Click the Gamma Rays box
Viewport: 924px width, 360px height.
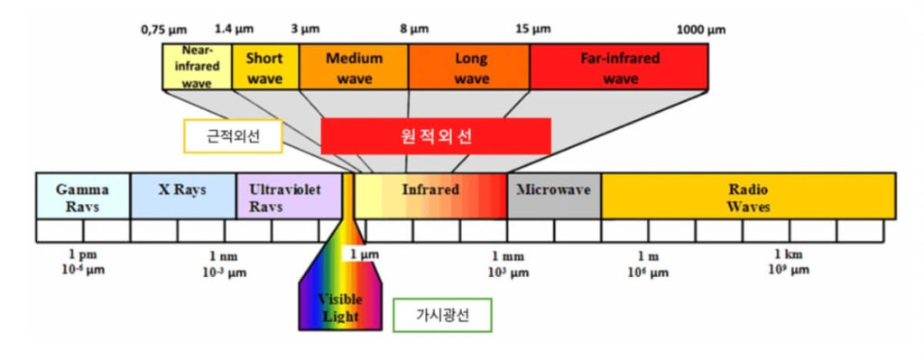tap(83, 197)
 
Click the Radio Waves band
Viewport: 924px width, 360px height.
tap(748, 197)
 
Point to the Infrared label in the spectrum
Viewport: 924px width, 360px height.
tap(430, 191)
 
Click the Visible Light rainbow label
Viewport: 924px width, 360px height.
tap(340, 307)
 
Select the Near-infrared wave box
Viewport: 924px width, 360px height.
tap(197, 68)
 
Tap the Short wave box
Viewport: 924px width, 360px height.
tap(265, 68)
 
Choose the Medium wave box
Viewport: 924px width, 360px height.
tap(354, 68)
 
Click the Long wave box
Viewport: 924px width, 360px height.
tap(469, 68)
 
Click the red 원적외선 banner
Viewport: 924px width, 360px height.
tap(436, 136)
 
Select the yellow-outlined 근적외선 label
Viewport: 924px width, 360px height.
tap(233, 136)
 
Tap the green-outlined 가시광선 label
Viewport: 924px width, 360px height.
tap(442, 316)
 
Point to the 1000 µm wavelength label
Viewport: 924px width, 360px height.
tap(700, 30)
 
